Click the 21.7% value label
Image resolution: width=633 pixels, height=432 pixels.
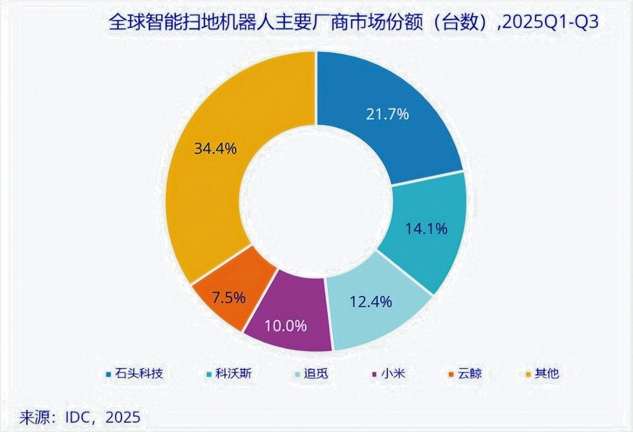pos(388,114)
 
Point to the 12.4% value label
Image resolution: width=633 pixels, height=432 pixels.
pos(370,302)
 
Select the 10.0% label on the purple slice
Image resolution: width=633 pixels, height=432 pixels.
pos(285,326)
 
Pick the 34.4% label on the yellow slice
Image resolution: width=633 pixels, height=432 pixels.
pos(215,148)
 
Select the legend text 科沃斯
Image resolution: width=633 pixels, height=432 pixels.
pos(236,374)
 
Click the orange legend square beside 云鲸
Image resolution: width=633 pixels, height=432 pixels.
pos(451,375)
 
